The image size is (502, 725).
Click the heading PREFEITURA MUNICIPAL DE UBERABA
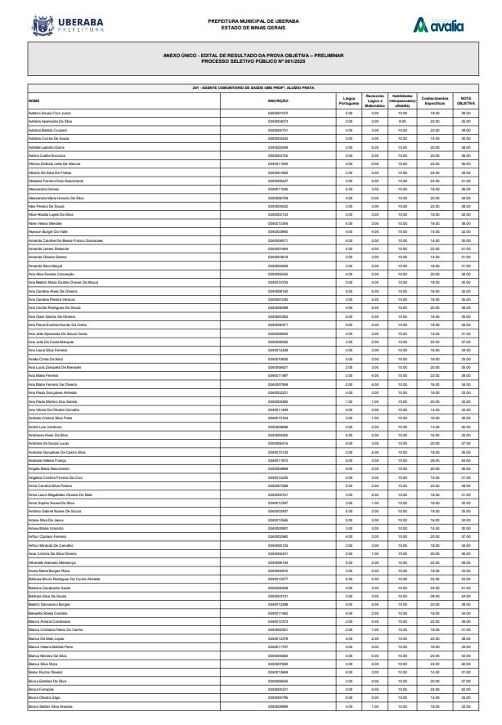253,21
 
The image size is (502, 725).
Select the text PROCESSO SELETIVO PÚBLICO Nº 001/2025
253,60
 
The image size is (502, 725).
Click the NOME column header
34,101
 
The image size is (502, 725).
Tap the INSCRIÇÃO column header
278,101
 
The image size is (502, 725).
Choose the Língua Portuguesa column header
348,101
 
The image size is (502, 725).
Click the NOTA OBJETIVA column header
465,101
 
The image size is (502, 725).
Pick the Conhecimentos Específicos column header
434,101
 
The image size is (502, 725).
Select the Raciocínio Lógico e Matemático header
374,101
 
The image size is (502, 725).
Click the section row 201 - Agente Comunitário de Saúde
253,87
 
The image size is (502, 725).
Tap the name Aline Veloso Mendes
45,222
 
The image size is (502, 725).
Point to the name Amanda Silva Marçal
45,266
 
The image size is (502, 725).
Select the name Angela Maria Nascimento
49,468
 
